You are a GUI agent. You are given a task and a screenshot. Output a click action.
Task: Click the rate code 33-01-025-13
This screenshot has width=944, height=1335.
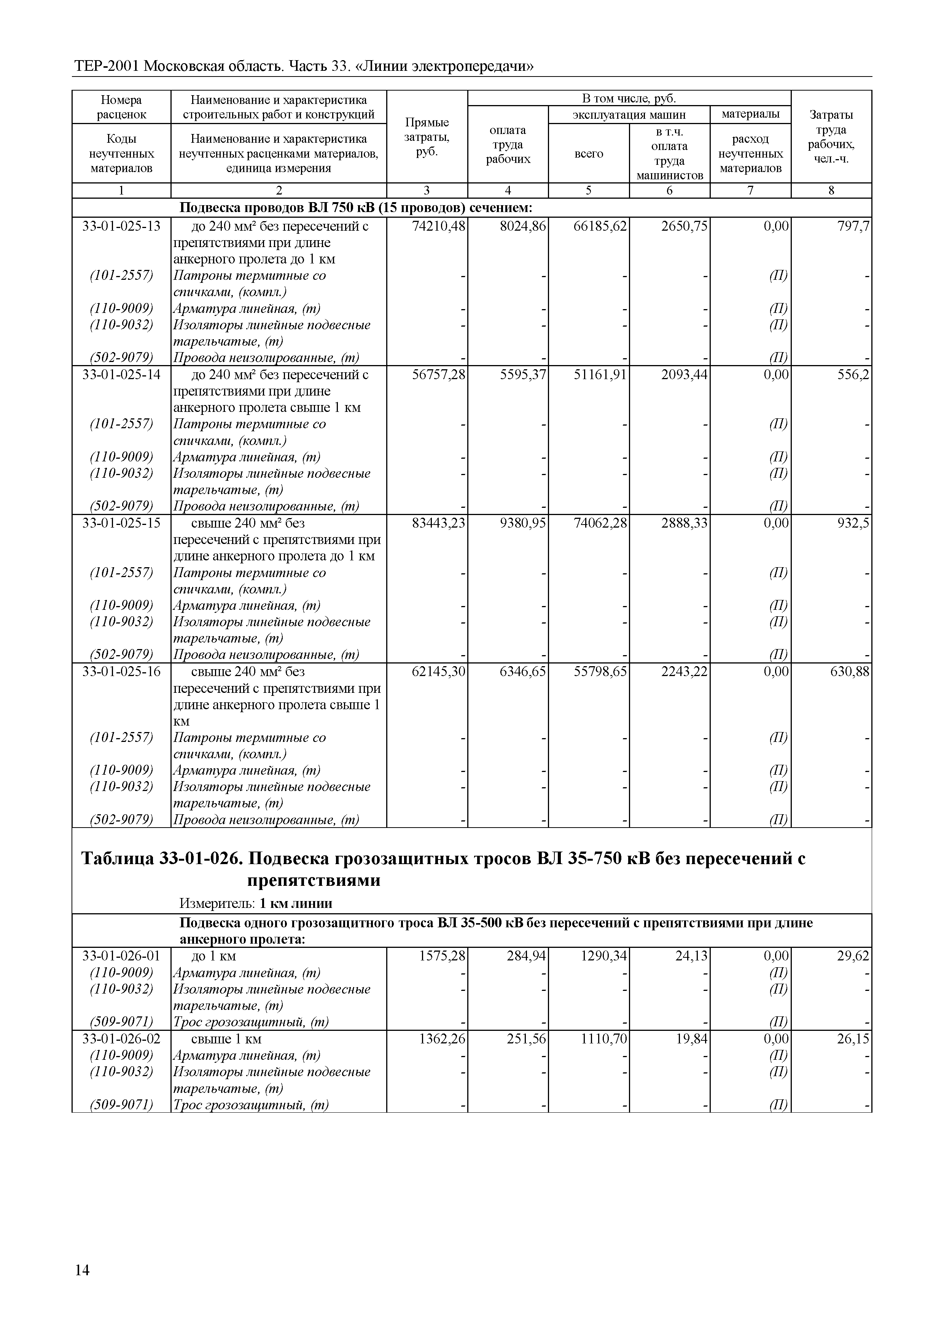(x=121, y=226)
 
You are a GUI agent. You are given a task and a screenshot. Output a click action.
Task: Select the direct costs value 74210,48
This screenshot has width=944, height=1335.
(x=438, y=226)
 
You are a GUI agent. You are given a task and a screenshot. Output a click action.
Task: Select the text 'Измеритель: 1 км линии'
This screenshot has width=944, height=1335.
(x=255, y=903)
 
